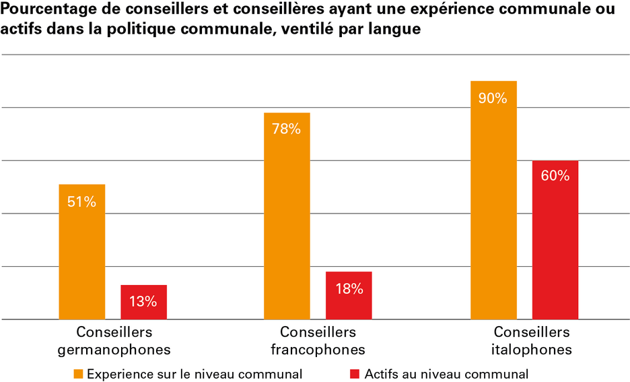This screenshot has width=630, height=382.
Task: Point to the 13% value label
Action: [143, 302]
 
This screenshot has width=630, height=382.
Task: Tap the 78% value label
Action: [287, 129]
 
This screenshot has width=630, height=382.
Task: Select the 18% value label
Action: [349, 289]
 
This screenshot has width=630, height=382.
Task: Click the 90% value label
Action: [493, 98]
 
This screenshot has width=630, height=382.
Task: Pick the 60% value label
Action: [555, 177]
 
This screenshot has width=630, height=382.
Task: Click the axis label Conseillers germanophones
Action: [114, 341]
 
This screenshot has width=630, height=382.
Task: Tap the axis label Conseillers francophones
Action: [318, 341]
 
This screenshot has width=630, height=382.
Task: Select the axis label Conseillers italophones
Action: [532, 341]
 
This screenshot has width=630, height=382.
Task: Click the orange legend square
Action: [79, 373]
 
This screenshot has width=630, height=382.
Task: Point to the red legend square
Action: [356, 373]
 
